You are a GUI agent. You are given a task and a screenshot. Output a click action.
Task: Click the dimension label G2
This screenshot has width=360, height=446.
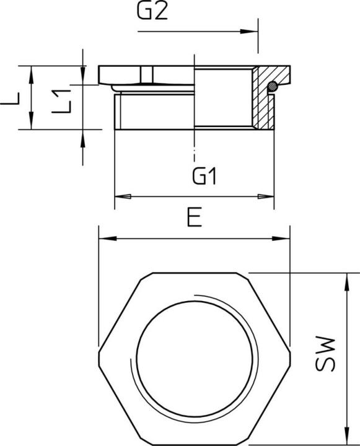point(153,13)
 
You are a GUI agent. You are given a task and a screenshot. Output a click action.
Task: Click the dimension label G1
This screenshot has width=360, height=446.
point(204,178)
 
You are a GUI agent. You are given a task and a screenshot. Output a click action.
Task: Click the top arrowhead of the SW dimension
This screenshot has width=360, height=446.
point(345,280)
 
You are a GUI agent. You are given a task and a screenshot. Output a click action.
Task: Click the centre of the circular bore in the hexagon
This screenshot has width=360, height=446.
point(195,354)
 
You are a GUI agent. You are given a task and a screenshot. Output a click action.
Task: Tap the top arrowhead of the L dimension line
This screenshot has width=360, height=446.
point(31,71)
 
